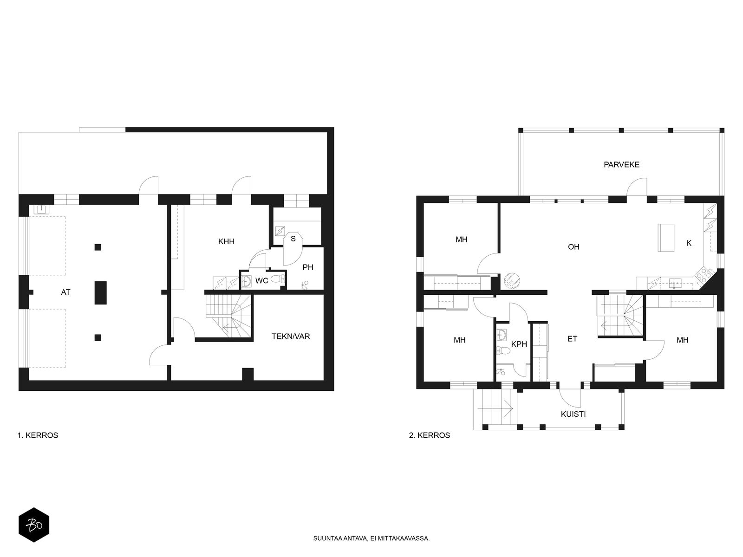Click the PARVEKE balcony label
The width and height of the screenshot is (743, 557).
(x=621, y=164)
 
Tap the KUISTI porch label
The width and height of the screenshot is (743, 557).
(x=573, y=414)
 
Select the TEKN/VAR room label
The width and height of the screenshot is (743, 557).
(x=291, y=336)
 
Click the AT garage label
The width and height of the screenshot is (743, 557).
(x=65, y=292)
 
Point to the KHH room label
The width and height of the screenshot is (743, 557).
(x=227, y=241)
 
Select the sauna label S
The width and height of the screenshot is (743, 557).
(x=293, y=239)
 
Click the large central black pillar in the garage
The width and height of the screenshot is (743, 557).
(x=100, y=292)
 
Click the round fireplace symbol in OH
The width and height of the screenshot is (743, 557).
(x=512, y=280)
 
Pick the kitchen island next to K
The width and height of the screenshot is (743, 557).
(x=666, y=237)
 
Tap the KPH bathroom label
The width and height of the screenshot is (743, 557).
(x=519, y=344)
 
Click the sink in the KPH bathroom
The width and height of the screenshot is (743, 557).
(x=502, y=334)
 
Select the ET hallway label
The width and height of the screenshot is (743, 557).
(x=572, y=339)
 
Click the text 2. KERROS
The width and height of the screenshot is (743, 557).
(x=430, y=435)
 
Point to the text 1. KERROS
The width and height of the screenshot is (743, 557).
(x=38, y=435)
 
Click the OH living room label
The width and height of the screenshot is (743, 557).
(x=574, y=247)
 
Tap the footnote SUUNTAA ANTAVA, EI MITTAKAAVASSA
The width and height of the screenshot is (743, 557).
(x=371, y=539)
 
